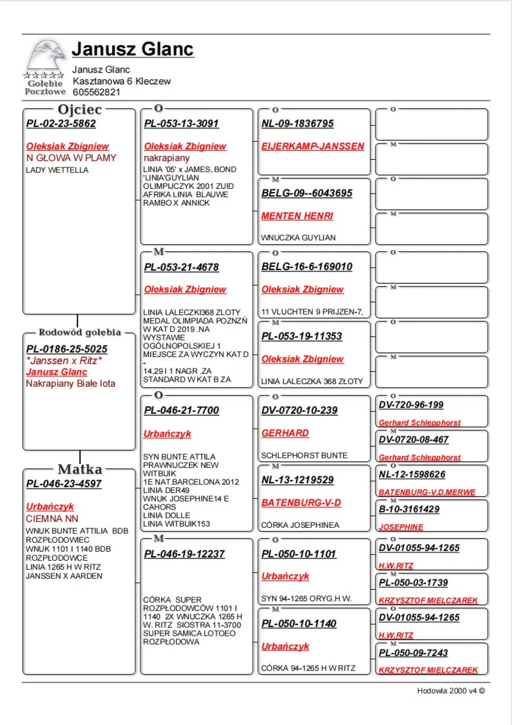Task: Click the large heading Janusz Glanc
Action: click(133, 49)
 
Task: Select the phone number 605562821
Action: click(96, 92)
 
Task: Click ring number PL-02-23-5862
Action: click(61, 124)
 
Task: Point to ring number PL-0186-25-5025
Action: click(67, 349)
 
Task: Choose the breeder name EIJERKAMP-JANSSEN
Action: click(312, 146)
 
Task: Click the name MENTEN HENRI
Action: click(297, 216)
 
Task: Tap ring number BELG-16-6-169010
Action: click(307, 267)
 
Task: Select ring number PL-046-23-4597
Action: click(64, 484)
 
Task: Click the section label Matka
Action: click(80, 469)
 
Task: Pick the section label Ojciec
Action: click(79, 109)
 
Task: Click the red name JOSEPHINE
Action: click(401, 527)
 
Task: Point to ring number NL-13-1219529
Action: click(297, 480)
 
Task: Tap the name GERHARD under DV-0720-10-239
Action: click(285, 433)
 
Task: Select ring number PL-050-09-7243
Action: click(413, 653)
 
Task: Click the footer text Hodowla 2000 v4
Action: click(451, 691)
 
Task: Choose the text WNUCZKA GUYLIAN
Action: click(298, 238)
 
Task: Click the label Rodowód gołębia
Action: click(79, 332)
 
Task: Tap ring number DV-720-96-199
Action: click(411, 405)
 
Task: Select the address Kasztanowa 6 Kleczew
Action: click(122, 81)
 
